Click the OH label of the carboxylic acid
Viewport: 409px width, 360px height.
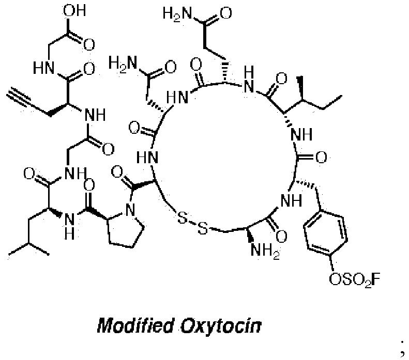point(74,10)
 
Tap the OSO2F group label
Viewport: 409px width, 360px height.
point(354,280)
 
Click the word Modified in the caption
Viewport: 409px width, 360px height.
point(135,325)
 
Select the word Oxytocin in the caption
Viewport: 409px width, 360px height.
point(221,325)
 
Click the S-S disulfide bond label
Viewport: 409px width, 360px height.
point(192,223)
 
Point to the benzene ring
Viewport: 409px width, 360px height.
point(325,231)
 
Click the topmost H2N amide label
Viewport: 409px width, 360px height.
point(177,13)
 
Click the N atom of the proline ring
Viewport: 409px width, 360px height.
point(130,210)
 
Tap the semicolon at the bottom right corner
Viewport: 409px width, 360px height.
point(402,350)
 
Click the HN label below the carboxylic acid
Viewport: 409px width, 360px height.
point(43,68)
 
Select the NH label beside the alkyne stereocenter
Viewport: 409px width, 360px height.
point(95,115)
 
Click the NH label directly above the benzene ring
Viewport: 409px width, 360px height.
point(291,201)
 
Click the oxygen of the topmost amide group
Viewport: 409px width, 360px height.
point(225,13)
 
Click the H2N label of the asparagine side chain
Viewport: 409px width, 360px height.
point(123,64)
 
